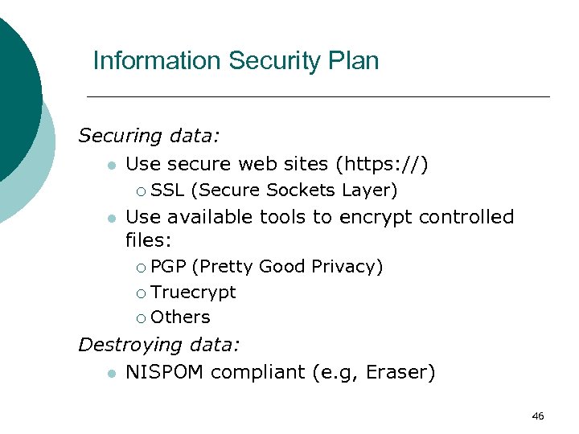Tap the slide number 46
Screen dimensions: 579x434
point(538,416)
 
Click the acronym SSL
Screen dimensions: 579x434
point(167,190)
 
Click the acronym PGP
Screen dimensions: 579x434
point(168,266)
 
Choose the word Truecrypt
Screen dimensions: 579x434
point(193,293)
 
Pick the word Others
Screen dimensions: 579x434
point(180,317)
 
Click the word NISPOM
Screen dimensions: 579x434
point(165,373)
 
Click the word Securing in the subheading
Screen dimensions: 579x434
point(121,136)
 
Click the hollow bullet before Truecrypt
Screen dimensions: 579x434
point(141,293)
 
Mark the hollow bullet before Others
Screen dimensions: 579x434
point(141,318)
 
